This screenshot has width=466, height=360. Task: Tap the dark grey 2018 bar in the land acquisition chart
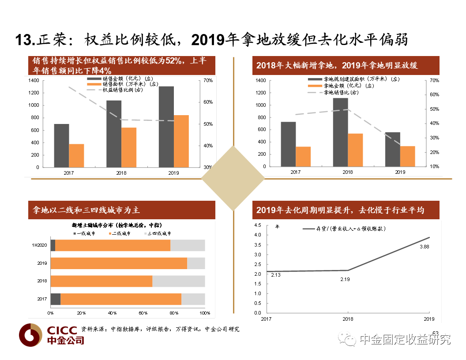(340, 132)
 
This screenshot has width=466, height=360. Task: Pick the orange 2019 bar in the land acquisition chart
(407, 156)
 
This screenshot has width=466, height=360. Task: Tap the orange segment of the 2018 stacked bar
(101, 281)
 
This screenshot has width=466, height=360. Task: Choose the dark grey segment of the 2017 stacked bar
(56, 299)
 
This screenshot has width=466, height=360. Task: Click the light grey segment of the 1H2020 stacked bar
(188, 245)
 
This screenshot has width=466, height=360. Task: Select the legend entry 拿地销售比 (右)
(341, 92)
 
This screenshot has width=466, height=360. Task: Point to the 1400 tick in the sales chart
(34, 80)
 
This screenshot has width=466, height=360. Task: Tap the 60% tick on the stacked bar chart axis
(143, 313)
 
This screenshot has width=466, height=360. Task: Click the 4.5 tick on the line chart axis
(258, 225)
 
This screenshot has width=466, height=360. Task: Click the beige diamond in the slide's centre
(233, 178)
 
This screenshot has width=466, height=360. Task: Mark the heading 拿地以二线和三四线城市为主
(84, 210)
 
